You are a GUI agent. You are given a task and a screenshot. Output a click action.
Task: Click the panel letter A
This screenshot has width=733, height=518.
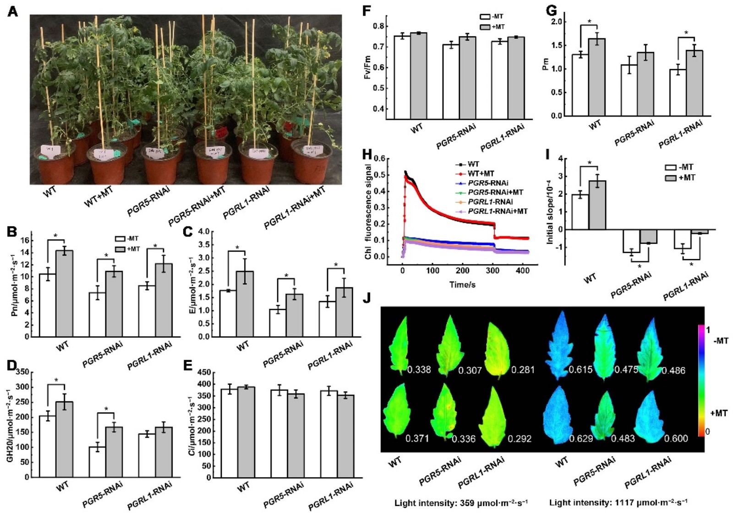click(13, 11)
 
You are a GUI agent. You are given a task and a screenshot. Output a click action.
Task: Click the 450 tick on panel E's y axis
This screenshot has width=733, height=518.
click(204, 372)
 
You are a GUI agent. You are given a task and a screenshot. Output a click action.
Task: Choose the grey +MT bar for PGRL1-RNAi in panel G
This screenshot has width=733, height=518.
click(694, 83)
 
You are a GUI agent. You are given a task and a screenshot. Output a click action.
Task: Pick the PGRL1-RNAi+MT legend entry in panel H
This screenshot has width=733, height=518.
click(498, 211)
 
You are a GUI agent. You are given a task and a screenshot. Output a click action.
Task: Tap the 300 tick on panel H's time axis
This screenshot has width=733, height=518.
click(493, 270)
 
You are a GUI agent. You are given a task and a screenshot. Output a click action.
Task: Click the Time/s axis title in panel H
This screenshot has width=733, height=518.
click(462, 285)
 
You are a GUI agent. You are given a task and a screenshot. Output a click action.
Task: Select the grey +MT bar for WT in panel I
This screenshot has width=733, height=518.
click(597, 205)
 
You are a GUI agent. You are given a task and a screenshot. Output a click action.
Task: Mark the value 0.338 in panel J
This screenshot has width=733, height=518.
click(419, 370)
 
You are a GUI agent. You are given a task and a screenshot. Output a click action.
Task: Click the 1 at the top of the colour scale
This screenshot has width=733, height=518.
click(708, 330)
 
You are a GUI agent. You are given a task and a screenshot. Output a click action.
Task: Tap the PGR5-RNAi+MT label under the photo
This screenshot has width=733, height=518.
click(197, 207)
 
